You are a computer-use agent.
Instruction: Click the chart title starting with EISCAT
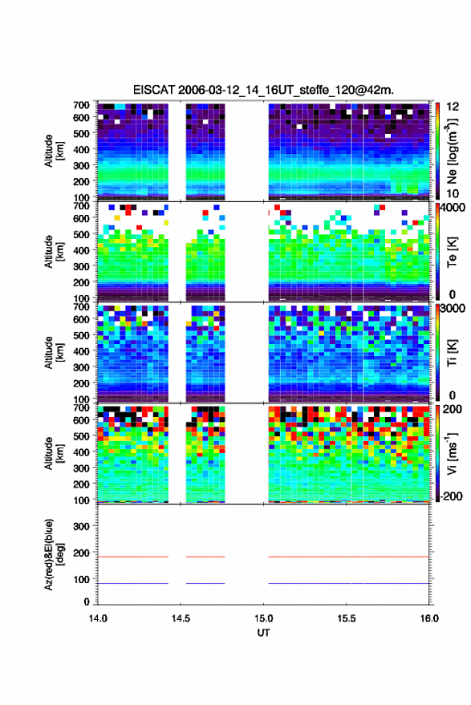click(x=263, y=90)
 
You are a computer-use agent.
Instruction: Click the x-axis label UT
click(x=263, y=633)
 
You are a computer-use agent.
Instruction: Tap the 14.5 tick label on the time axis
click(x=181, y=618)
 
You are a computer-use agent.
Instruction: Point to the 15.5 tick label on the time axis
click(x=346, y=618)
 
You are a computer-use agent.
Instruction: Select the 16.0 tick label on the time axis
click(x=429, y=618)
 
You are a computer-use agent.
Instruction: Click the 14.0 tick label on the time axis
click(x=98, y=618)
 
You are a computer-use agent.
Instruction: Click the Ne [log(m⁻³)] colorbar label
click(x=452, y=152)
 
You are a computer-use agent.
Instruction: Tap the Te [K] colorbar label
click(x=452, y=252)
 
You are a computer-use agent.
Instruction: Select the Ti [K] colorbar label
click(x=452, y=353)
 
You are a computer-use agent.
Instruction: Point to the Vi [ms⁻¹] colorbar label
click(x=452, y=453)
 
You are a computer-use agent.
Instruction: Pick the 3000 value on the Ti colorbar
click(x=453, y=308)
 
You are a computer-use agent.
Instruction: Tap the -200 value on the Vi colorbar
click(x=451, y=496)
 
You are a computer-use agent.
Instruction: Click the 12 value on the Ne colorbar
click(x=453, y=107)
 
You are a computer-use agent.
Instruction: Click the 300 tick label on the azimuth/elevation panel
click(x=81, y=526)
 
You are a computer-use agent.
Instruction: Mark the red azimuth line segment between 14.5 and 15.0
click(x=205, y=557)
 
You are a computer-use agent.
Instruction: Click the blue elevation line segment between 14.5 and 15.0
click(x=205, y=583)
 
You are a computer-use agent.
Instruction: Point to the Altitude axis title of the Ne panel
click(x=54, y=151)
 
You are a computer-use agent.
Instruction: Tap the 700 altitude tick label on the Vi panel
click(x=81, y=407)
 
